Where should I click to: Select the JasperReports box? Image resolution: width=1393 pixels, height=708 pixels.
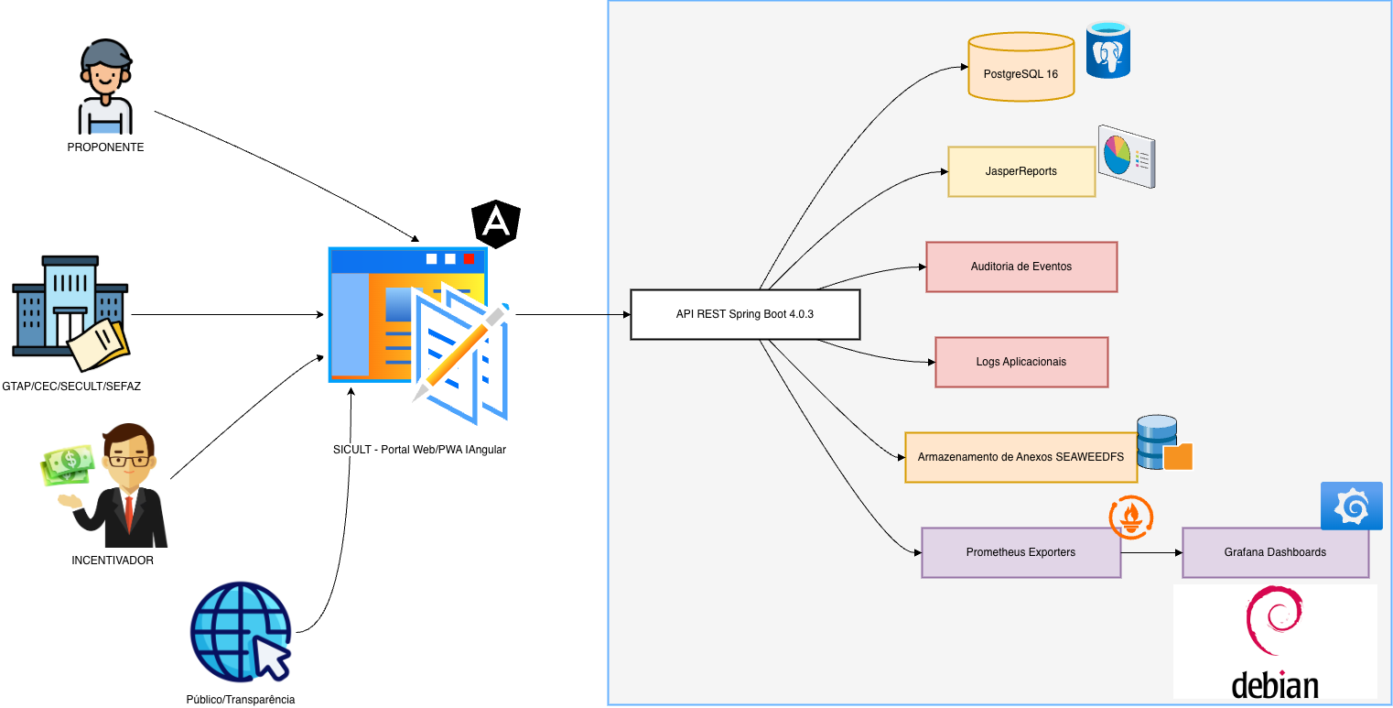click(x=1020, y=171)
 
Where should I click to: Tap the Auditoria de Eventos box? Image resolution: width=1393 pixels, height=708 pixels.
click(x=1020, y=267)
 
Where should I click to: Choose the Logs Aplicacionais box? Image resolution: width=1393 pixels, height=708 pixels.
click(x=1020, y=362)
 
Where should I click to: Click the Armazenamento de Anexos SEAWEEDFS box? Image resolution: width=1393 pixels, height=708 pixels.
click(x=1020, y=456)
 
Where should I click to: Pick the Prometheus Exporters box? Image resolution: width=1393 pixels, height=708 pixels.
click(x=1020, y=552)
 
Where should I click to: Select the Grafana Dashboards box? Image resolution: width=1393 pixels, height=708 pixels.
click(x=1275, y=552)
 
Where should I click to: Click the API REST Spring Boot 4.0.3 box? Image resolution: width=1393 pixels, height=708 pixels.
click(x=745, y=314)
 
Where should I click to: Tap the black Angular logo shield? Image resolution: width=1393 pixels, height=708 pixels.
click(x=495, y=225)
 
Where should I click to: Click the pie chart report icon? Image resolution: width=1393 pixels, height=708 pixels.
click(x=1126, y=156)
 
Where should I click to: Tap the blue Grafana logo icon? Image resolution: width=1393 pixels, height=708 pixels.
click(x=1351, y=506)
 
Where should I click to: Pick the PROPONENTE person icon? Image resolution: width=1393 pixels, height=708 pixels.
click(x=105, y=86)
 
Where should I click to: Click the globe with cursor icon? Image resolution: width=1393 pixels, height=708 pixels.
click(x=241, y=632)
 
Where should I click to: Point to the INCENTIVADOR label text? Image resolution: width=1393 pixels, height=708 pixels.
click(x=113, y=561)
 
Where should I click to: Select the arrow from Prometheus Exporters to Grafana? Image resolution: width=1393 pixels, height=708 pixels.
click(x=1151, y=552)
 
